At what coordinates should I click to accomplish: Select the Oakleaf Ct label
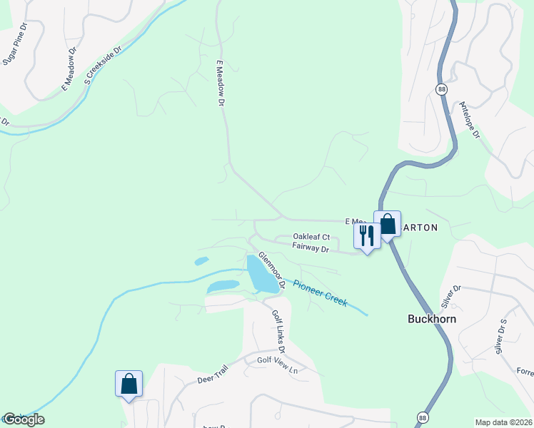[311, 237]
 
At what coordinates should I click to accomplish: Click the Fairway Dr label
[310, 248]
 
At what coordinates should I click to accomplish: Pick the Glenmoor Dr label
[272, 270]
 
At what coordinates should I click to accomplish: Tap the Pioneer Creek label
[320, 291]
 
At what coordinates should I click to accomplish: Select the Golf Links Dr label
[278, 332]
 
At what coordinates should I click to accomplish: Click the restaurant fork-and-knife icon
[367, 235]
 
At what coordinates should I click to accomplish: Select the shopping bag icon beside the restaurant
[387, 224]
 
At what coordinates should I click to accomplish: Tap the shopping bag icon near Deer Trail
[129, 384]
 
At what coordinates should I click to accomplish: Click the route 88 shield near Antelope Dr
[442, 88]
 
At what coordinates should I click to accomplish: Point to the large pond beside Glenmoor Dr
[261, 275]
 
